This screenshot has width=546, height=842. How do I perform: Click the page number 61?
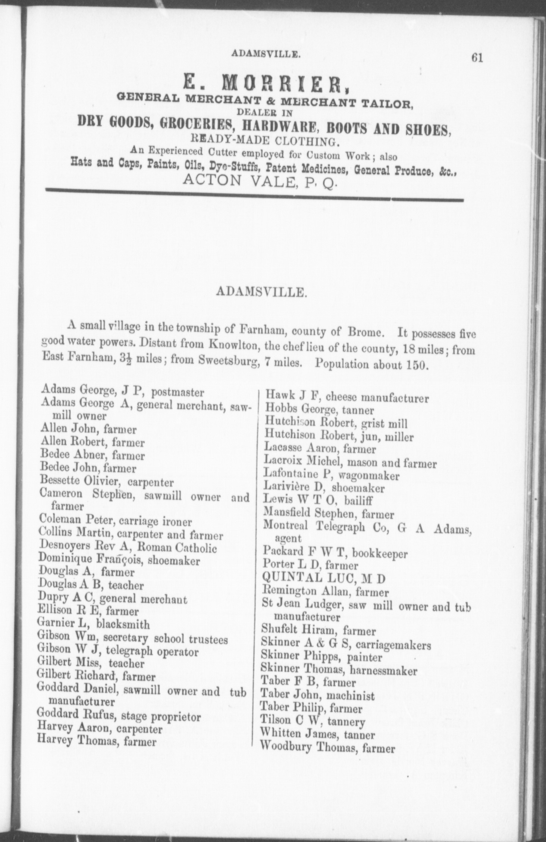click(x=477, y=58)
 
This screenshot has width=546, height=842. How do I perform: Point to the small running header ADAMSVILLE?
click(x=266, y=54)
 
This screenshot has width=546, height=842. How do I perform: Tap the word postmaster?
click(x=178, y=393)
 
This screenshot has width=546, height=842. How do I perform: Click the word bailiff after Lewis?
click(x=358, y=500)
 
